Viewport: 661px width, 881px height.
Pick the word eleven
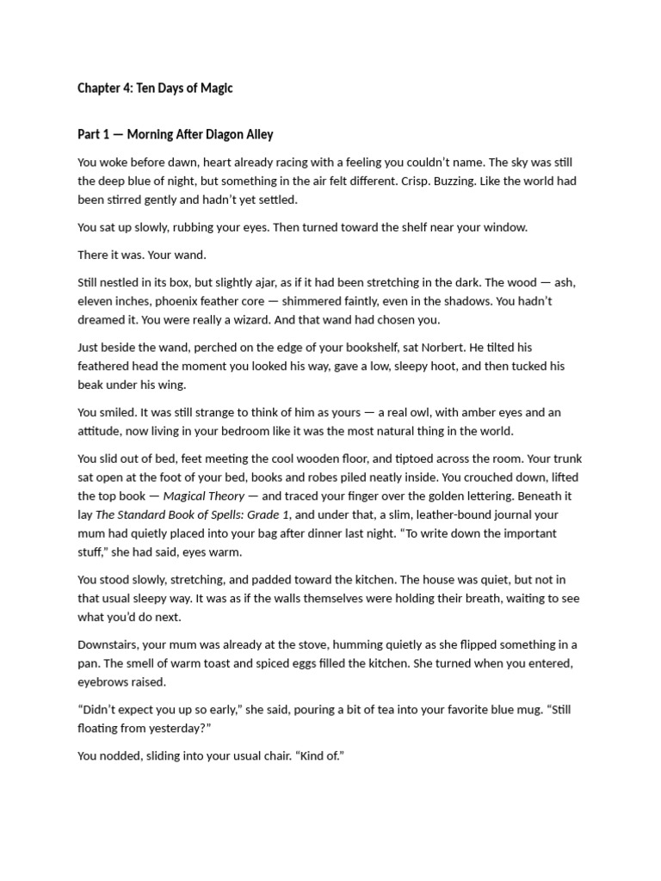tap(96, 301)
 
